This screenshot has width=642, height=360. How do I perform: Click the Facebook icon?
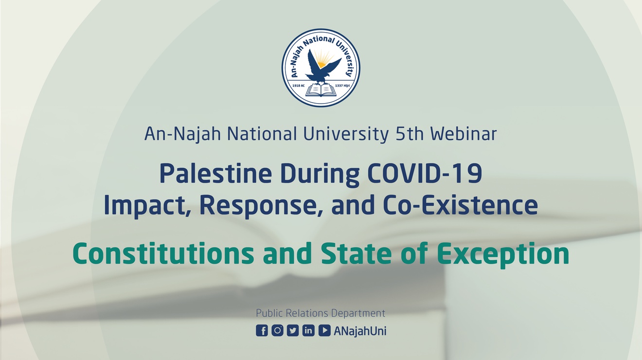point(262,330)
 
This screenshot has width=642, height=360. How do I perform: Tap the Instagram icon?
point(277,330)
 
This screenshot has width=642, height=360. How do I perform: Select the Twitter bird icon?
point(293,330)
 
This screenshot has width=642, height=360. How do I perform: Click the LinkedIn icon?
point(308,330)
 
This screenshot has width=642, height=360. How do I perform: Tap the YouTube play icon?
point(324,330)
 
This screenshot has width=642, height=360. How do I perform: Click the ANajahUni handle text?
point(360,331)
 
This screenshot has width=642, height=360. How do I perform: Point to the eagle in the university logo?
point(321,66)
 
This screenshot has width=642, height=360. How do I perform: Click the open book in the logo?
point(321,90)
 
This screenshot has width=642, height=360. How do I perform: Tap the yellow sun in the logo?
point(323,60)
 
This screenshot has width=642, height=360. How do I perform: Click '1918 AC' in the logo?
point(298,86)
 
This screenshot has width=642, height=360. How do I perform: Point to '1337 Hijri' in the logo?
point(342,86)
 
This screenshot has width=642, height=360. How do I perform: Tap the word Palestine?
point(215,174)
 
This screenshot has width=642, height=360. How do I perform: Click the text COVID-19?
point(425,174)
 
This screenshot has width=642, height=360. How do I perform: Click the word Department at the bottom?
point(358,313)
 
